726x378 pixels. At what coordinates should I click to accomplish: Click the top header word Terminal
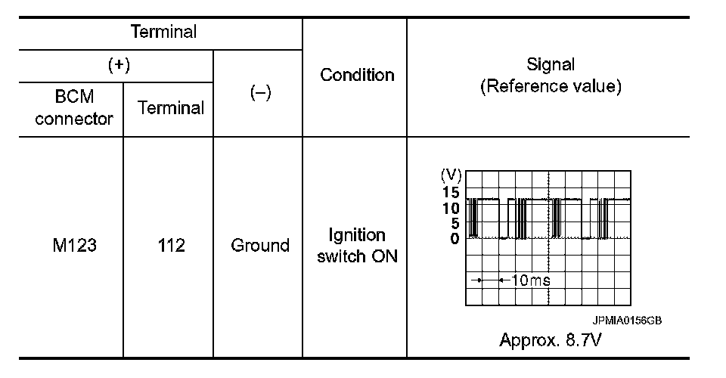coord(163,33)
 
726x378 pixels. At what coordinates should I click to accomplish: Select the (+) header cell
coord(119,66)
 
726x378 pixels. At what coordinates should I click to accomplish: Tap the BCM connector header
coord(74,108)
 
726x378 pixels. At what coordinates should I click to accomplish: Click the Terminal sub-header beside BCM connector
coord(170,108)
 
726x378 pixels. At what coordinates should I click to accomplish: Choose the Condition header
coord(357,75)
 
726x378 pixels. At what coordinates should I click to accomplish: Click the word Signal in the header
coord(551,65)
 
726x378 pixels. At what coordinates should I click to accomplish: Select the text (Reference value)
coord(551,86)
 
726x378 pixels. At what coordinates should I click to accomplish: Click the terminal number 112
coord(170,246)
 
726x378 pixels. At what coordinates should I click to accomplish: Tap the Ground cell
coord(260,246)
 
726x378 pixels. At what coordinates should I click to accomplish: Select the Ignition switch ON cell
coord(357,246)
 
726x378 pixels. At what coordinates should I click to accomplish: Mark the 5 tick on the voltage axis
coord(455,223)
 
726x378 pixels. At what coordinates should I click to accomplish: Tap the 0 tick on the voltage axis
coord(455,238)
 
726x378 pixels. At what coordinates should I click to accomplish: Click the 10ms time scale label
coord(531,280)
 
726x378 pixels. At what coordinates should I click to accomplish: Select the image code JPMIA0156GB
coord(627,321)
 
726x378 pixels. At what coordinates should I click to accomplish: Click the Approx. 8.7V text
coord(551,339)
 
